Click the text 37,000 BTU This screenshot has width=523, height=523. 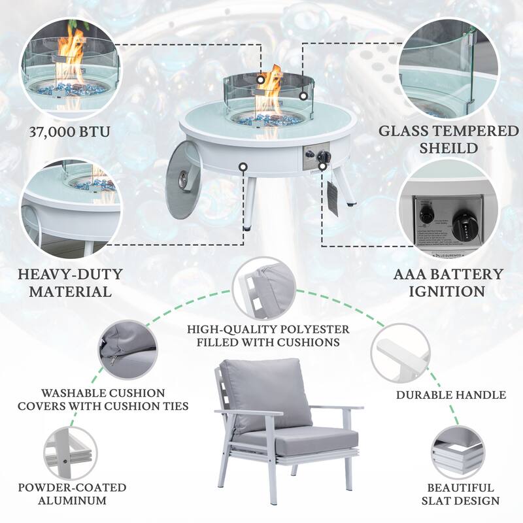click(x=69, y=131)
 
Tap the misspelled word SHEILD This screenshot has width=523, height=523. click(x=448, y=148)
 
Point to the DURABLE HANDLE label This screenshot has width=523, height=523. click(x=451, y=395)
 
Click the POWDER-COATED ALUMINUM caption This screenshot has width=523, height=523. click(x=73, y=494)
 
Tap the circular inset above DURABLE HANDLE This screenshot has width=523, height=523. click(x=399, y=354)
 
